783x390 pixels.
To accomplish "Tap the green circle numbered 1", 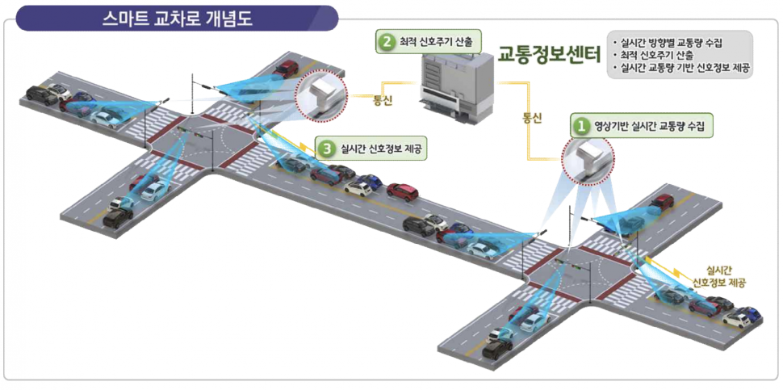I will tap(580, 125).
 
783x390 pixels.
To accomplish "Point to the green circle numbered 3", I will tap(326, 148).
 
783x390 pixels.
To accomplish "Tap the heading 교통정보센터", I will tap(549, 56).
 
